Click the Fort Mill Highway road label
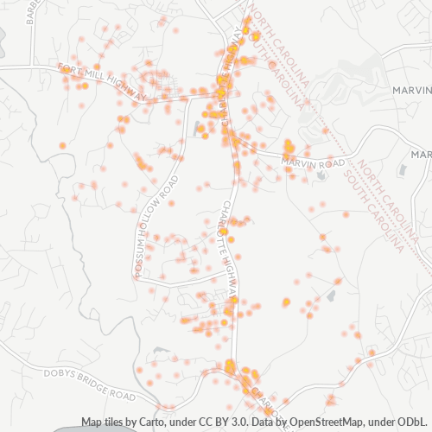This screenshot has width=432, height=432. tap(102, 80)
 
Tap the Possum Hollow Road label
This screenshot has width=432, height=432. tap(156, 227)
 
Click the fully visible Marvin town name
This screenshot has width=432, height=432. tap(410, 89)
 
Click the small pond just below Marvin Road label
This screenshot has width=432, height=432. tap(321, 175)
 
